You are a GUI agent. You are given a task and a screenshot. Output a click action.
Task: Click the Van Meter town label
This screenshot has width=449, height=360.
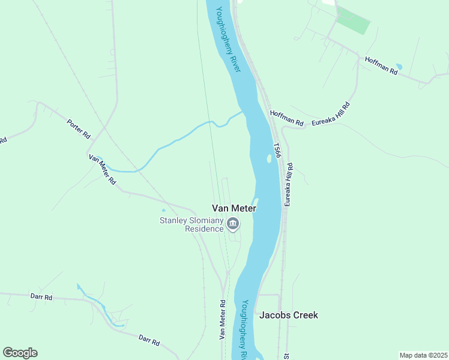click(x=234, y=208)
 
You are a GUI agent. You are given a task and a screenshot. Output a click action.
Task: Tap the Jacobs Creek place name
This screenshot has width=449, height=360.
click(x=288, y=315)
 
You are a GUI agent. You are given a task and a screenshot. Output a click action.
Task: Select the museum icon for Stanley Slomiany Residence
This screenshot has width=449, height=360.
click(x=233, y=225)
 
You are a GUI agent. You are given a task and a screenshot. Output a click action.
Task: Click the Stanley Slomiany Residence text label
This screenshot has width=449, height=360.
click(x=191, y=224)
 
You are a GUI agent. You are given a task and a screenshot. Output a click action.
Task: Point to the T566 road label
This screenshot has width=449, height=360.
click(x=277, y=151)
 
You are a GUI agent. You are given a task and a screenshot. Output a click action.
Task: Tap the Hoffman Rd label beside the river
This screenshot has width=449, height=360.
click(x=287, y=118)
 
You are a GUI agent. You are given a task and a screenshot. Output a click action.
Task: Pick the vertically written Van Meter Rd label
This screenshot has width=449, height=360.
click(x=222, y=320)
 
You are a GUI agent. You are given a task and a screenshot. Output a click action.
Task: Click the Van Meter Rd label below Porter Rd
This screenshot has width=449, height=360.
click(x=102, y=169)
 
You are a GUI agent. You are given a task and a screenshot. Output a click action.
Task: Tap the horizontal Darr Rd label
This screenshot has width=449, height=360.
click(x=41, y=296)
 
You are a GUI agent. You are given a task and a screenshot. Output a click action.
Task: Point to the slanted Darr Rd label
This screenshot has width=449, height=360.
click(x=149, y=340)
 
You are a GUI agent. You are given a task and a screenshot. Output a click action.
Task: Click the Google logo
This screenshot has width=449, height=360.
click(x=20, y=353)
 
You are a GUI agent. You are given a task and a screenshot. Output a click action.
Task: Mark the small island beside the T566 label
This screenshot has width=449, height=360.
click(x=267, y=159)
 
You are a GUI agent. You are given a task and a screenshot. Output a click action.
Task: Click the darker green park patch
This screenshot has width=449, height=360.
click(x=354, y=22)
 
